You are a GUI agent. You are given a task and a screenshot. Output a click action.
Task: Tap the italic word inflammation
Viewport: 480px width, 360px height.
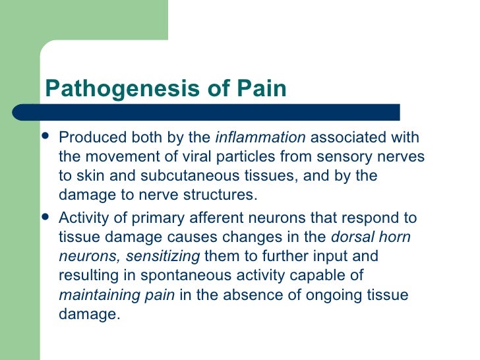[260, 138]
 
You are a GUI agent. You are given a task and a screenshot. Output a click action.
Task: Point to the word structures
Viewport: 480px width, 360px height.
[222, 196]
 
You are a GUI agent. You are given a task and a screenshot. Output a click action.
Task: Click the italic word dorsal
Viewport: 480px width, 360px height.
[350, 237]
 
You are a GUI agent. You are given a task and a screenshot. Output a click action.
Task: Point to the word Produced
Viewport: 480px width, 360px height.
[86, 138]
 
